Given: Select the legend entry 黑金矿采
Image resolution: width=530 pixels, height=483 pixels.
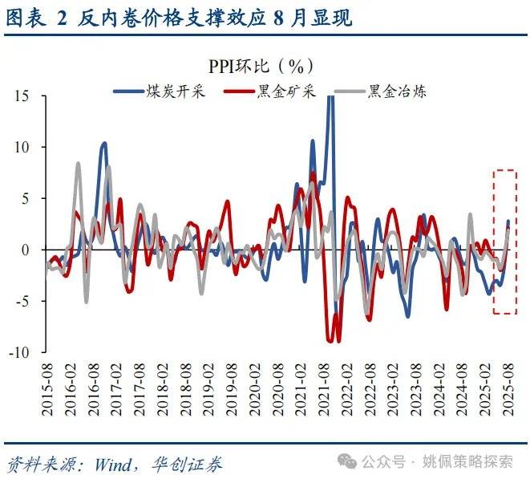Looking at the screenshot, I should click(286, 91).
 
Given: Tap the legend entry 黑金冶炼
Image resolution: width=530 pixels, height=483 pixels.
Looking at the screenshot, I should click(397, 91).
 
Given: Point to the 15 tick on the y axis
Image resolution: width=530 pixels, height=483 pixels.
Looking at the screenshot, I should click(22, 96).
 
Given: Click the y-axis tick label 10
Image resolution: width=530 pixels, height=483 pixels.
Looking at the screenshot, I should click(22, 148).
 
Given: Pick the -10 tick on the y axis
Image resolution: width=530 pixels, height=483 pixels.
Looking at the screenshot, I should click(18, 352).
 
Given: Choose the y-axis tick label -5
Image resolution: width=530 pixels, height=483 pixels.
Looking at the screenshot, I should click(22, 302).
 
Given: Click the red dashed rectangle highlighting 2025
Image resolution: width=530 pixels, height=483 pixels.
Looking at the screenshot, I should click(505, 241).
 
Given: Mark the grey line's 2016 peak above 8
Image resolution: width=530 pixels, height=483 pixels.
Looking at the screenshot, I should click(78, 163).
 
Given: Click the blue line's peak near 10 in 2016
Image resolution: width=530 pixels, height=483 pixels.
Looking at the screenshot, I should click(104, 144).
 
